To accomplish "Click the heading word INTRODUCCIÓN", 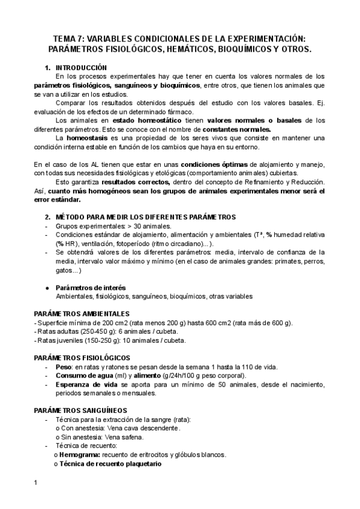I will (81, 67).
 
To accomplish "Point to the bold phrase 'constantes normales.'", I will (237, 129).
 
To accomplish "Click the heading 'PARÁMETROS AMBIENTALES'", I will (82, 314).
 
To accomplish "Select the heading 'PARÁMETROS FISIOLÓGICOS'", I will (81, 358).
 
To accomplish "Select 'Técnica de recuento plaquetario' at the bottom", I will (110, 464).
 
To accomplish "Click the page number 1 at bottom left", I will (35, 484).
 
